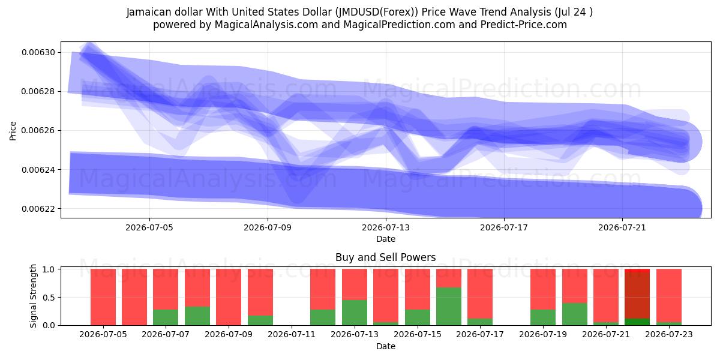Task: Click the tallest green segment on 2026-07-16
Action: click(x=449, y=307)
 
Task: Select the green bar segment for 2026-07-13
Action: click(x=355, y=313)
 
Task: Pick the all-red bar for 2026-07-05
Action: click(x=103, y=297)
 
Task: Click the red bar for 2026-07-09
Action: click(x=229, y=297)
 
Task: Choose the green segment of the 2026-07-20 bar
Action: click(x=575, y=314)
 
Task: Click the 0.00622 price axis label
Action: click(x=38, y=209)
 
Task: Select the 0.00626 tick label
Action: click(x=38, y=131)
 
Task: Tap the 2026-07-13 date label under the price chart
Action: click(x=386, y=227)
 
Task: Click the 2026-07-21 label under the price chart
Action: click(x=622, y=227)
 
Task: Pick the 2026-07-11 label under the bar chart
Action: click(x=292, y=335)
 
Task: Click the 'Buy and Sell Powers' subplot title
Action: click(x=386, y=257)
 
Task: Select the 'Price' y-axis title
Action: click(x=13, y=131)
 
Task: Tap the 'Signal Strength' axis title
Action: click(x=33, y=296)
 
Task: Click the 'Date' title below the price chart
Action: click(x=386, y=239)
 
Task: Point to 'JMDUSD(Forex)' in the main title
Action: click(x=376, y=12)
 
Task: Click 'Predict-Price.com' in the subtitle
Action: click(x=524, y=25)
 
